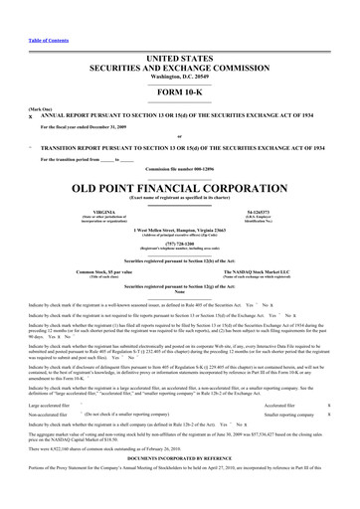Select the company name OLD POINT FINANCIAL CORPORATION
pos(180,186)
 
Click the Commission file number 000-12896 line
pos(180,171)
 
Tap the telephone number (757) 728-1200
pos(180,242)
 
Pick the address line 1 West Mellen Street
pos(180,229)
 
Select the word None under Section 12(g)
pos(180,291)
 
